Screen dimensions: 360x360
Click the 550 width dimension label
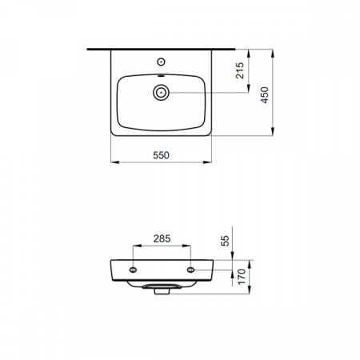point(161,155)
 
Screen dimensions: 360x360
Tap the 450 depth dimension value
point(265,95)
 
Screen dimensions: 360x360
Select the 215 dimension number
point(240,70)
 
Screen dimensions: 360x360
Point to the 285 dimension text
point(162,238)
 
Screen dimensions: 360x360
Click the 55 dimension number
point(225,241)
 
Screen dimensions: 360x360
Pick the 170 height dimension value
point(242,277)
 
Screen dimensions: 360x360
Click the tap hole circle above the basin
point(161,62)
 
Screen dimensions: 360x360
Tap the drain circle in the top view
point(161,93)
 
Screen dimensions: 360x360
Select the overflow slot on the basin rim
point(161,76)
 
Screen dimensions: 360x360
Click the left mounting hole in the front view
point(133,270)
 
